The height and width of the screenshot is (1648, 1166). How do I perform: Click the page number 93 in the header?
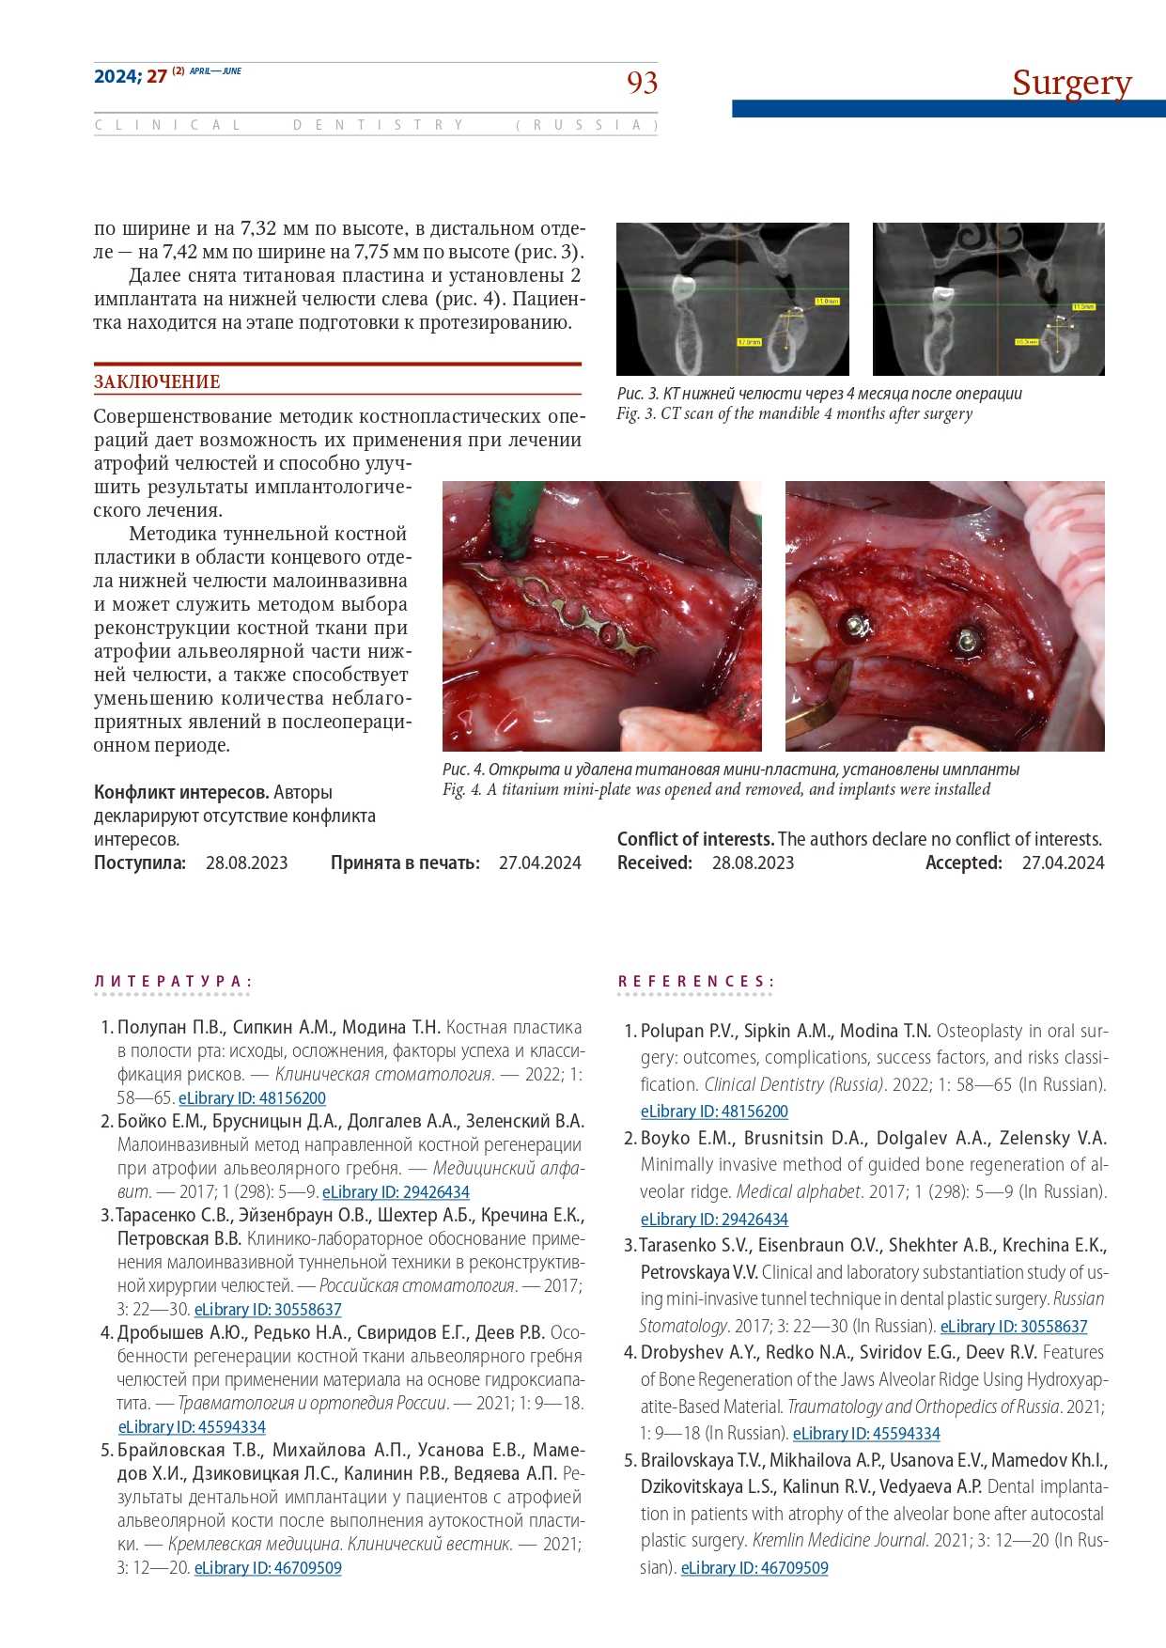642,83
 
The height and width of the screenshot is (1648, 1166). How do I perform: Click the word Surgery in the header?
1071,84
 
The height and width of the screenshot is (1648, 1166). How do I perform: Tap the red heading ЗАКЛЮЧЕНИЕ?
157,382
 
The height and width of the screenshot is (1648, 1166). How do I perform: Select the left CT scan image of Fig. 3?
733,299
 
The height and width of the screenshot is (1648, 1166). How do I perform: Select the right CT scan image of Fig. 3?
988,299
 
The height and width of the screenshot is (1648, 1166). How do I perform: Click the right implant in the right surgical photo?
965,642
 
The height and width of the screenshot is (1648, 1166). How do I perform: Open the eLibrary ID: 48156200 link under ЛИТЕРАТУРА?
252,1098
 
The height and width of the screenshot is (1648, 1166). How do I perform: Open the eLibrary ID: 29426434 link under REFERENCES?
714,1220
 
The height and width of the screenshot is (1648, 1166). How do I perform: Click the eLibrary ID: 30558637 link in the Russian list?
268,1310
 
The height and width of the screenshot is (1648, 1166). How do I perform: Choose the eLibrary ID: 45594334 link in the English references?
866,1434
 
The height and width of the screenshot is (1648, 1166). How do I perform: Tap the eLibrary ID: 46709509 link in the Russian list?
268,1568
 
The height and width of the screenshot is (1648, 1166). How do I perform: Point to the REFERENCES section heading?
695,982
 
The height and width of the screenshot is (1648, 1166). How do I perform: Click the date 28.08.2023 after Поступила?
246,863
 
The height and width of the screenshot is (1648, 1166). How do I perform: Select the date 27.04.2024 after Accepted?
1063,863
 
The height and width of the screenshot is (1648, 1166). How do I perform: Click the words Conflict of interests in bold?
695,840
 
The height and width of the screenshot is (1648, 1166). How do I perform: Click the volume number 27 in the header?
157,76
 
